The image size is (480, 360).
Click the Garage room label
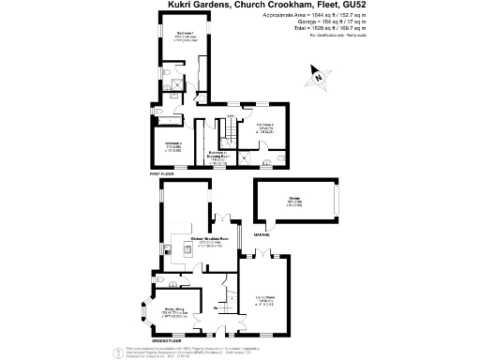(293, 202)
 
